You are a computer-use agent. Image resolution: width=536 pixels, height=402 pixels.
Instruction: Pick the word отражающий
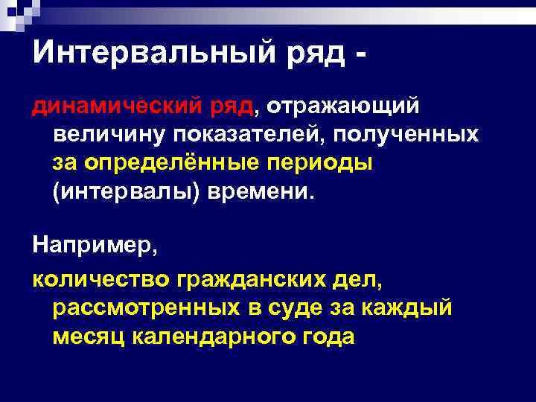(344, 108)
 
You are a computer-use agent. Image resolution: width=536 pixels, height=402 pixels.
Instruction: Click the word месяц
(89, 336)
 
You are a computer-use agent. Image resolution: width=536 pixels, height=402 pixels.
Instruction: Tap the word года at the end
(325, 336)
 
